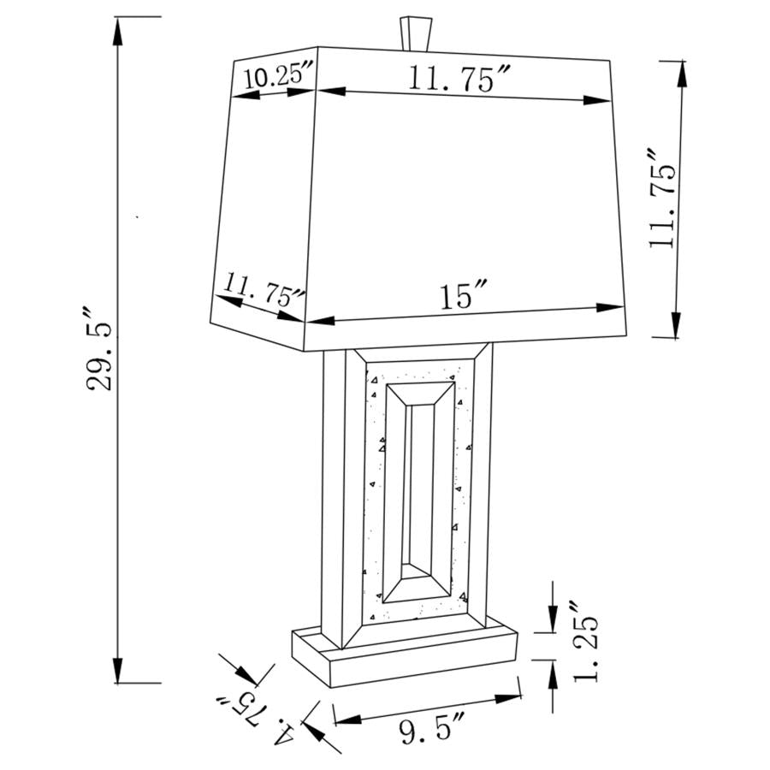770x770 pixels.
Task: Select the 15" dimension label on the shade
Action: pos(464,297)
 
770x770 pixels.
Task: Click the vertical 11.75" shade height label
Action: pos(663,198)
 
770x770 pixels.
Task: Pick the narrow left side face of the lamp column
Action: pos(333,488)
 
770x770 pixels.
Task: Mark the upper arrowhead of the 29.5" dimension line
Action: pos(117,30)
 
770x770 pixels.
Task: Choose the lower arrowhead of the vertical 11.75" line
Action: pos(677,325)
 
